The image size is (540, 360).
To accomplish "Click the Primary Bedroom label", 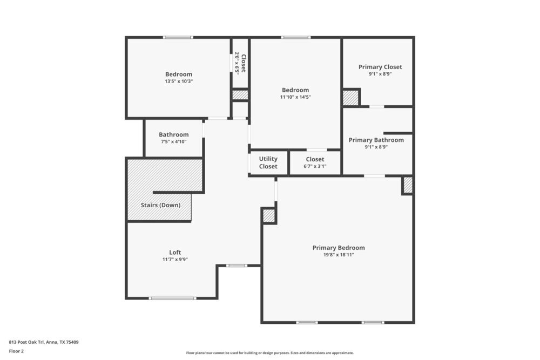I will click(339, 248).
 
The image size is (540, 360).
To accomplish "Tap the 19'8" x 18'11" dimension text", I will click(339, 255).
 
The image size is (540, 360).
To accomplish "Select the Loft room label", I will click(175, 252).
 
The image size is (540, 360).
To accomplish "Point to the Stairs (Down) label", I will click(160, 205).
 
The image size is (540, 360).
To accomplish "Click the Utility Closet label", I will click(268, 162).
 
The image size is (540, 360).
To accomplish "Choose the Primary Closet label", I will click(380, 67).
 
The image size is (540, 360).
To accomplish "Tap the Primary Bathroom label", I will click(376, 140).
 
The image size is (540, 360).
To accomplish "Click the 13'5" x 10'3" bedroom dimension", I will click(179, 81).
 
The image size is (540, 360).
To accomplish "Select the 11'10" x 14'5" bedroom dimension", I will click(295, 97).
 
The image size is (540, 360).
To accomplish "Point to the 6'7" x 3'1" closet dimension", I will click(315, 166).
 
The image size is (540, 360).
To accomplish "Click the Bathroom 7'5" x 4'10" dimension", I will click(173, 141).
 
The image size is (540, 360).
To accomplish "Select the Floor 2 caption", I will click(16, 351).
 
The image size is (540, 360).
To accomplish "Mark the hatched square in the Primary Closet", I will click(350, 98).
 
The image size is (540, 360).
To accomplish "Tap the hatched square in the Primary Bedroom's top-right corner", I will click(408, 185).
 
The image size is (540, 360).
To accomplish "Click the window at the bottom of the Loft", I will click(173, 298).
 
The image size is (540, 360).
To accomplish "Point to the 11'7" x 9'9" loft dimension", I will click(175, 259).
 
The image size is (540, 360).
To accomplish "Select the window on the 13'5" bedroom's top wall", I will click(178, 37).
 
